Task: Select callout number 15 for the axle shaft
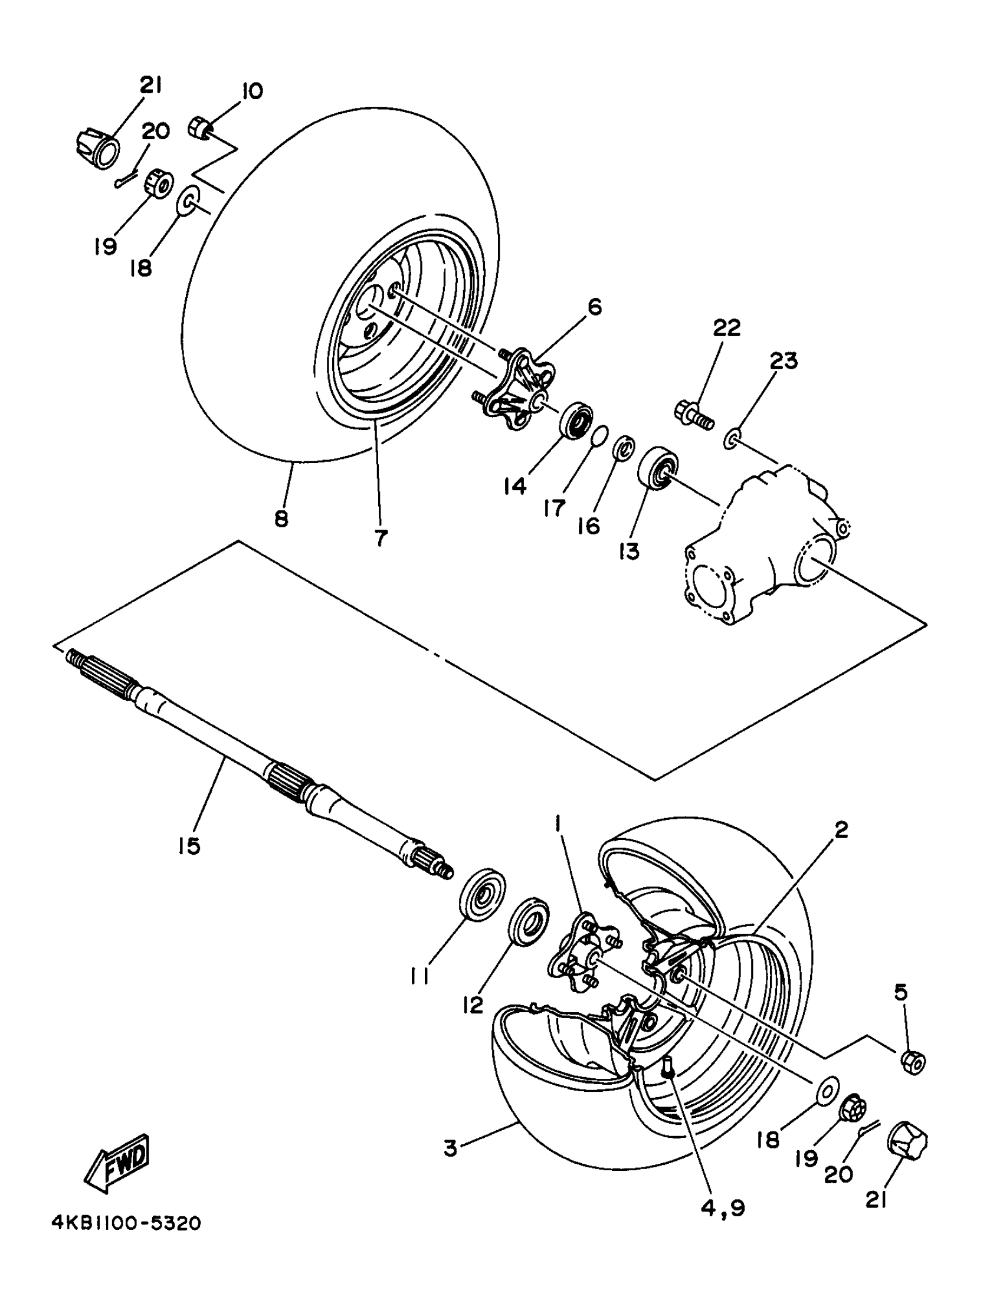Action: (189, 845)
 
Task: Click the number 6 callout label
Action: (594, 308)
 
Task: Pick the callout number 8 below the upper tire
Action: (281, 518)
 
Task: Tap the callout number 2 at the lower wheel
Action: (841, 829)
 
